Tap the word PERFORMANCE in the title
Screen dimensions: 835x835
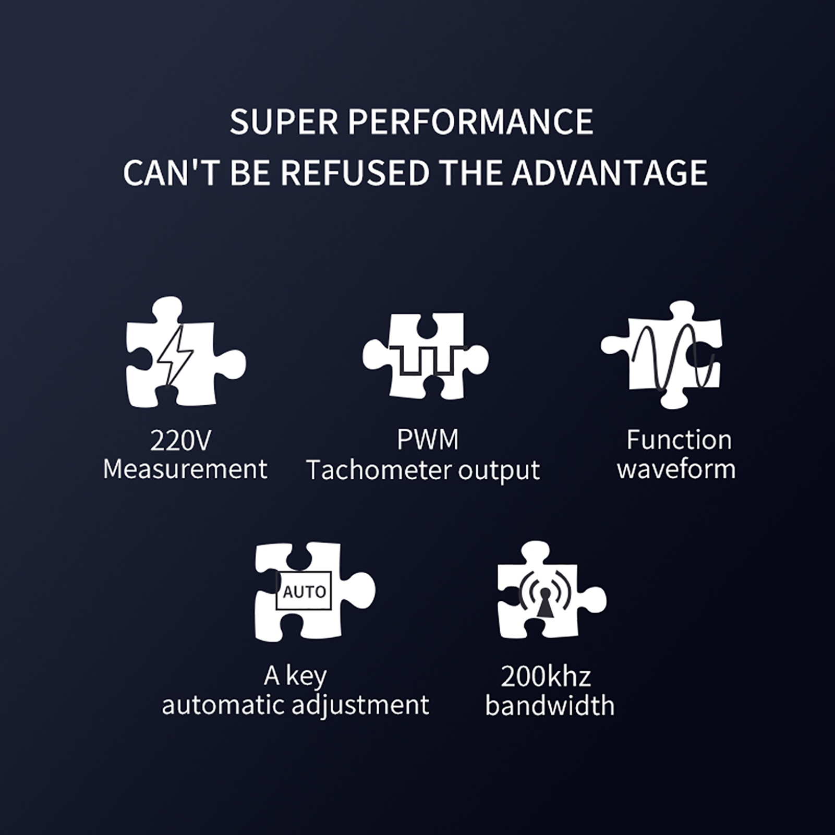coord(470,122)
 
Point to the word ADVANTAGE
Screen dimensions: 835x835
coord(609,173)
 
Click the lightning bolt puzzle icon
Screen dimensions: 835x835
coord(186,352)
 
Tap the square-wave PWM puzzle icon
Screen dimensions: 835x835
coord(426,356)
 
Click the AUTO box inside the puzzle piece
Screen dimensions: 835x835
coord(304,591)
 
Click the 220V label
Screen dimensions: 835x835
coord(180,441)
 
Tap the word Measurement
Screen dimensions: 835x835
coord(185,469)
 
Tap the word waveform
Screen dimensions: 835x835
coord(676,469)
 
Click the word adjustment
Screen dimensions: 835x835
coord(360,706)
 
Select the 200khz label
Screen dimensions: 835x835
coord(546,676)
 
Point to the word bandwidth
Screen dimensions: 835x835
coord(550,706)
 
